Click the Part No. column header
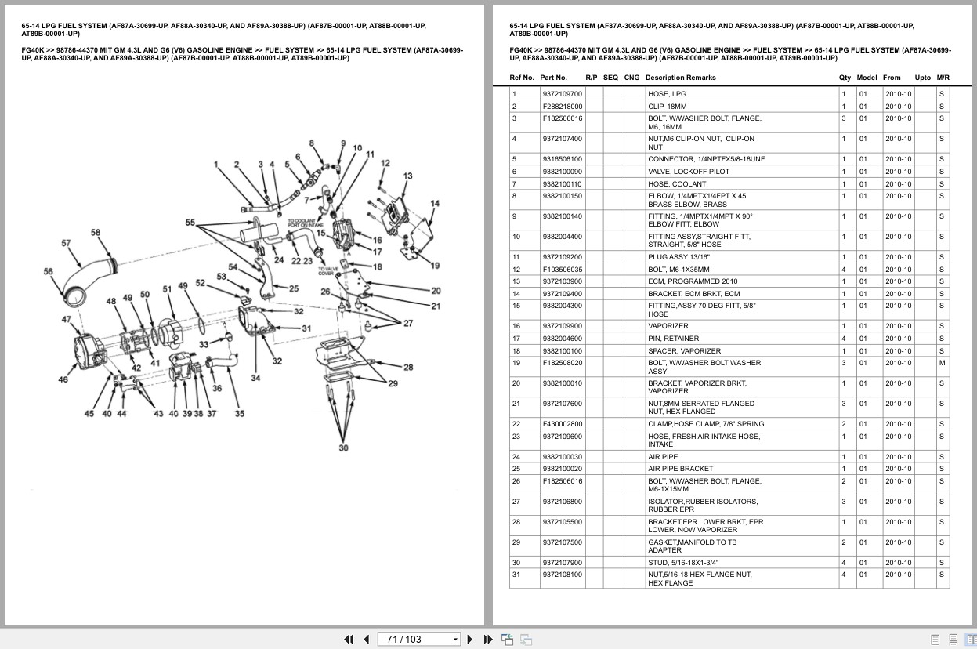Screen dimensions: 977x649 click(553, 78)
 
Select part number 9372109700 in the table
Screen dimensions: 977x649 click(563, 94)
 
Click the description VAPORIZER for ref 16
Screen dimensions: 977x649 click(668, 326)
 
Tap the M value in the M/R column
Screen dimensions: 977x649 click(942, 363)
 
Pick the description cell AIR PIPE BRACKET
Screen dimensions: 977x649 click(680, 469)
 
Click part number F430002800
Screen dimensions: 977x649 click(563, 424)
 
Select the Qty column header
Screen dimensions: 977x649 click(845, 78)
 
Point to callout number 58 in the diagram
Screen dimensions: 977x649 click(96, 233)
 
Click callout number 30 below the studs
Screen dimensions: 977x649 click(344, 448)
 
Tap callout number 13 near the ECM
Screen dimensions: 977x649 click(408, 176)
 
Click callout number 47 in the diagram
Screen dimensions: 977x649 click(67, 320)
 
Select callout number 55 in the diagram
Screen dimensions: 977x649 click(190, 222)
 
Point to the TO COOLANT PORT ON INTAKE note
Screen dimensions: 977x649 click(306, 223)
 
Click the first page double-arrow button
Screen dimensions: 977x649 click(349, 640)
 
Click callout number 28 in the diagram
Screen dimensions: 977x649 click(408, 367)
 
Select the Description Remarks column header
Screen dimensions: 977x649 click(680, 78)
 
